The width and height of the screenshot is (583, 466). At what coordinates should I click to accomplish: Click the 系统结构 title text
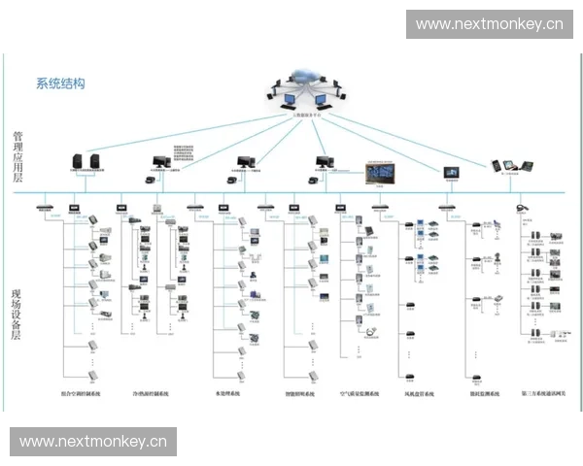(x=60, y=83)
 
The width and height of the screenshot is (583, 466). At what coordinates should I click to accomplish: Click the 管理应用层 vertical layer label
(x=17, y=155)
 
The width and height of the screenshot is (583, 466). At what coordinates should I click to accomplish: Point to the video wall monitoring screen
(x=380, y=172)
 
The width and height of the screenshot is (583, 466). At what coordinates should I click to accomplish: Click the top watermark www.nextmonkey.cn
(x=489, y=24)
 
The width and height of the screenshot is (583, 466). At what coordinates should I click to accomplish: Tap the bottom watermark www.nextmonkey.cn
(x=93, y=442)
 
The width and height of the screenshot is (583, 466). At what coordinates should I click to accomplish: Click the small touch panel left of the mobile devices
(x=450, y=171)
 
